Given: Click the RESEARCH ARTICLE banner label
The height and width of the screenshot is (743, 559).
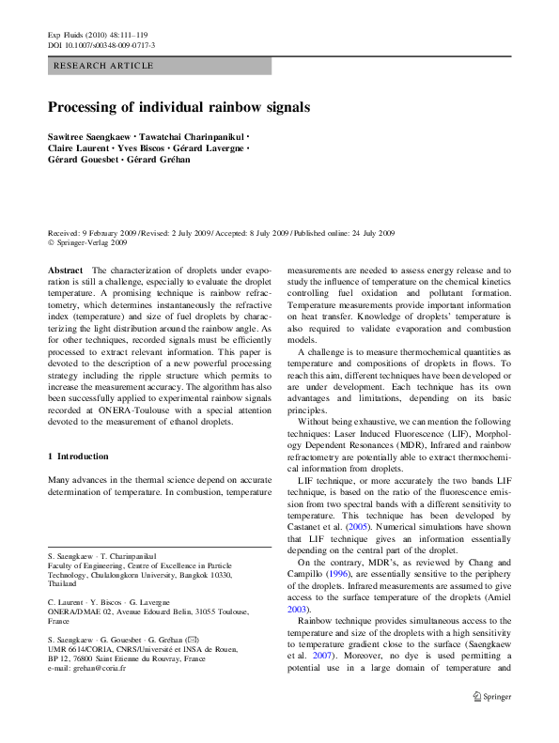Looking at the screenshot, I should coord(98,66).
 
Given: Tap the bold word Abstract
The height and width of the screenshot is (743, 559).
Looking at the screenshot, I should coord(65,270).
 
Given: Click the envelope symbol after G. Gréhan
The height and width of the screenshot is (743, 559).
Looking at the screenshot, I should coord(194,612).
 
